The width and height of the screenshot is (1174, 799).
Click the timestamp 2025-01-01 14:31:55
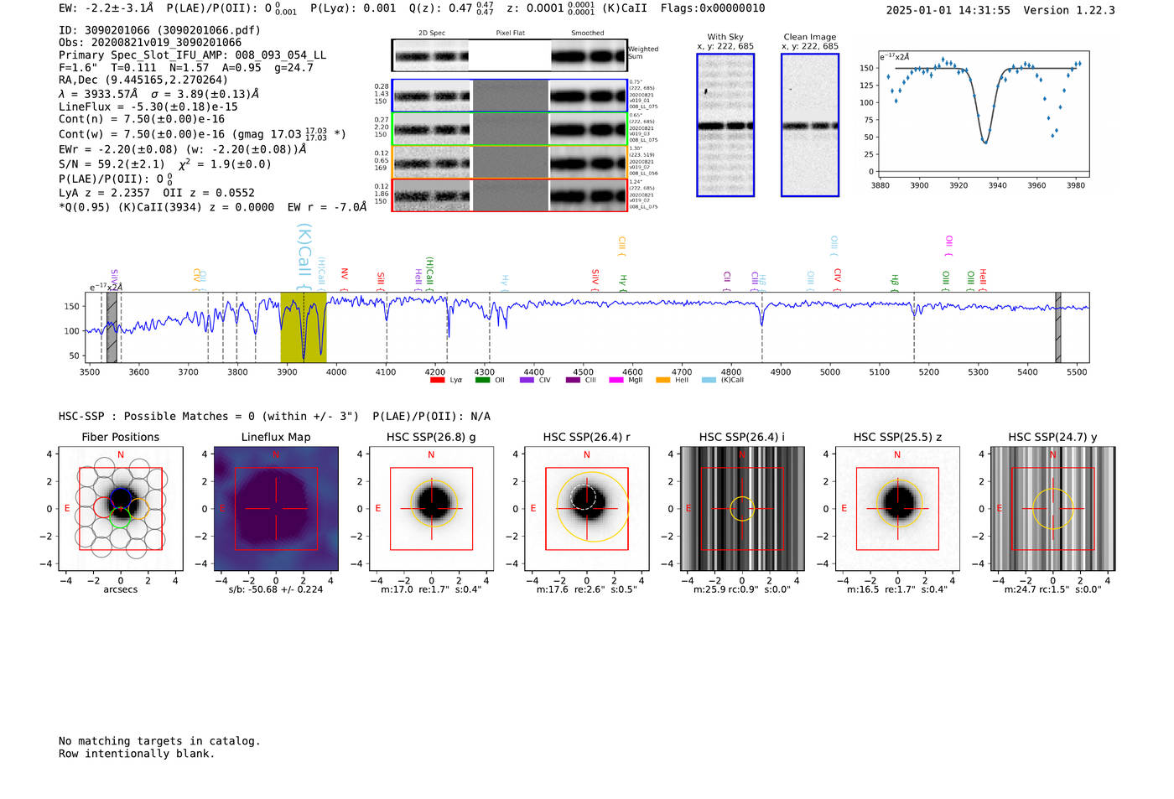click(948, 10)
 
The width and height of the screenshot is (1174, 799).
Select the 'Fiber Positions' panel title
click(120, 437)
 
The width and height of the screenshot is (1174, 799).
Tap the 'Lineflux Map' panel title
click(275, 437)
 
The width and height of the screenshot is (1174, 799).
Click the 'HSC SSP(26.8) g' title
click(431, 437)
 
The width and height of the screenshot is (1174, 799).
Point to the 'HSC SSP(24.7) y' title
click(1052, 437)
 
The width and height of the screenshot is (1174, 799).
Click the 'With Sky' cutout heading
click(725, 37)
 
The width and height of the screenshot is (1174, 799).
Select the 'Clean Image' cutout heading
click(809, 37)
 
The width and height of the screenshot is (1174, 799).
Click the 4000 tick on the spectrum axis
click(336, 371)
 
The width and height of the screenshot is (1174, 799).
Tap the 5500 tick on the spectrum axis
click(1077, 371)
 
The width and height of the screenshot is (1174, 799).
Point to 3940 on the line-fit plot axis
click(997, 185)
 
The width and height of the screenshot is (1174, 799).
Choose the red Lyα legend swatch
click(437, 380)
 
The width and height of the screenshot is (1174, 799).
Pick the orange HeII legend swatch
click(662, 380)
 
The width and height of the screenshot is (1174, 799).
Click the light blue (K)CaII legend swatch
click(709, 380)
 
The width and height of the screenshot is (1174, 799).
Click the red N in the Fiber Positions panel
click(121, 454)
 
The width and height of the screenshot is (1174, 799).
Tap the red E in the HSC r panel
click(533, 508)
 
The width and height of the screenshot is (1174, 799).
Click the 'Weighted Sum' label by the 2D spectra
click(642, 53)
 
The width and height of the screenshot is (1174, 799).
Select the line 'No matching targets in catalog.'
click(159, 741)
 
